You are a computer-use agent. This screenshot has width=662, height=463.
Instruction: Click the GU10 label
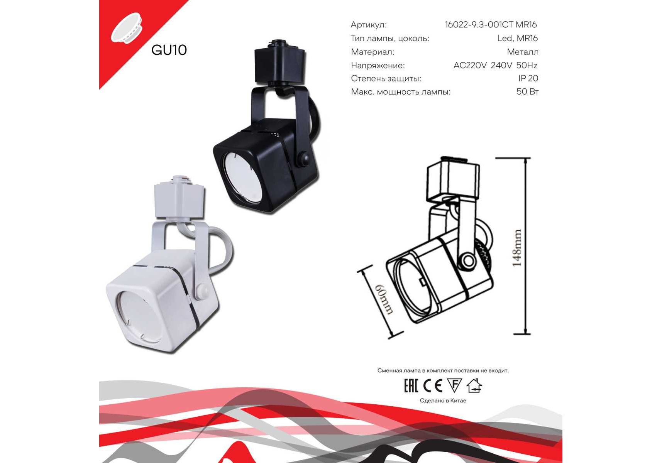click(x=169, y=50)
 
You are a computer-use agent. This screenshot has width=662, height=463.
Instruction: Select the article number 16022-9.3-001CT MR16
click(x=491, y=25)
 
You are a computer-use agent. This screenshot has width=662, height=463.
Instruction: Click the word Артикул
click(x=369, y=25)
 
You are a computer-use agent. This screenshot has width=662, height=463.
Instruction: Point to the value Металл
click(x=523, y=52)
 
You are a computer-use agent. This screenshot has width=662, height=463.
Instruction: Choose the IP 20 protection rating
click(x=528, y=78)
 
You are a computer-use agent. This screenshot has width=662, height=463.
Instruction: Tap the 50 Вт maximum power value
click(x=527, y=92)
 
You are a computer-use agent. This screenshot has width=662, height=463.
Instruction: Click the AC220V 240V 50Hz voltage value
click(x=495, y=65)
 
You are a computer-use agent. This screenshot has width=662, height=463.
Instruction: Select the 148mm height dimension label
click(x=517, y=248)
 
